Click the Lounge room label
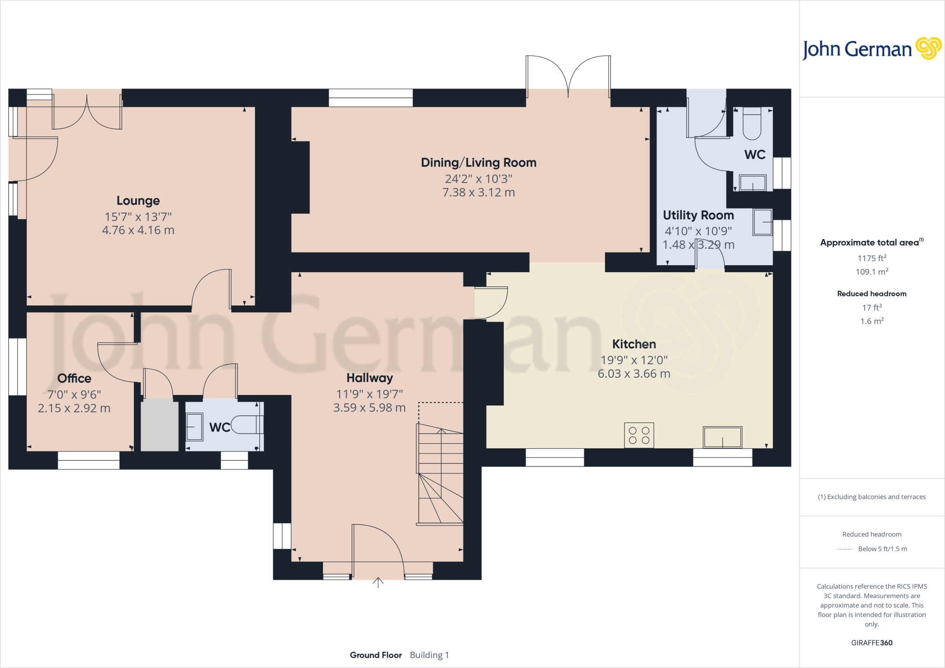tap(138, 201)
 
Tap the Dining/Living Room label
tap(478, 163)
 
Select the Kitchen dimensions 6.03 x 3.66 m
tap(634, 374)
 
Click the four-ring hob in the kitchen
tap(639, 435)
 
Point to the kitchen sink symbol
tap(722, 437)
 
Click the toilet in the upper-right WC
tap(752, 123)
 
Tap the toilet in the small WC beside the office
tap(247, 424)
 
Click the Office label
tap(74, 378)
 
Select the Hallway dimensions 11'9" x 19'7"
tap(369, 394)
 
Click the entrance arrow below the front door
tap(378, 583)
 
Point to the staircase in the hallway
tap(440, 475)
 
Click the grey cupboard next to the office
tap(159, 425)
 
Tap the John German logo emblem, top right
tap(928, 48)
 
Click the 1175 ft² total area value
tap(872, 258)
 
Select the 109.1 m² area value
tap(872, 272)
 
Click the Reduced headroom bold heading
tap(872, 294)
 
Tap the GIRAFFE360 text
tap(872, 643)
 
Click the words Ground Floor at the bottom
tap(376, 655)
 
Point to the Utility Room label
tap(698, 215)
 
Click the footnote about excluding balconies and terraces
tap(872, 497)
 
